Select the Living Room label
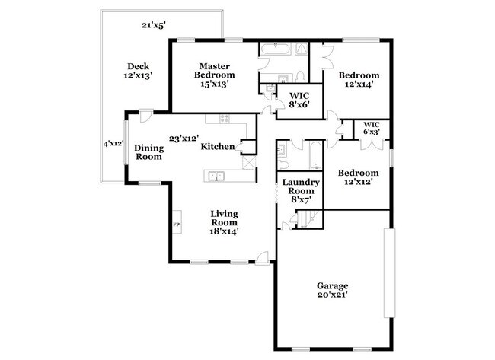click(225, 223)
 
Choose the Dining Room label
click(148, 152)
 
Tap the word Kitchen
click(217, 147)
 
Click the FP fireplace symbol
click(176, 225)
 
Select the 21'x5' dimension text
click(155, 25)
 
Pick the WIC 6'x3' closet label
click(371, 128)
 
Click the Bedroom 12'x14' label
click(359, 80)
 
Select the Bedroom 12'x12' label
click(359, 177)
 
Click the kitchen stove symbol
click(225, 119)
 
